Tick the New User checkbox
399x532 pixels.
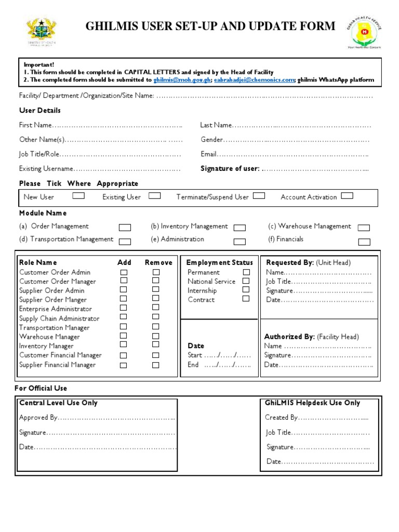click(x=78, y=196)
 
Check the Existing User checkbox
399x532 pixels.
click(x=154, y=196)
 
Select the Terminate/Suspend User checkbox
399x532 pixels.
click(x=259, y=196)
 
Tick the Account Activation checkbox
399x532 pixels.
click(x=347, y=196)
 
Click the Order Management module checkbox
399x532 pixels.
click(x=125, y=228)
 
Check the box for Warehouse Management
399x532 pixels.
click(x=364, y=228)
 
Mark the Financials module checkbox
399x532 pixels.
click(x=364, y=242)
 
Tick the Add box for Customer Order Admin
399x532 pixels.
click(x=124, y=272)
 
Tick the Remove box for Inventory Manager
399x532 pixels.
click(x=155, y=344)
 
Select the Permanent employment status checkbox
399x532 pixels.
click(x=246, y=272)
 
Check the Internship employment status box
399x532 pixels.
click(x=246, y=290)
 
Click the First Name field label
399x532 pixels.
click(x=35, y=125)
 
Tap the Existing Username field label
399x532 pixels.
click(x=46, y=169)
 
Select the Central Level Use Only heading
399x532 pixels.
click(x=58, y=403)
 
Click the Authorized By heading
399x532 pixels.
click(x=289, y=337)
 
